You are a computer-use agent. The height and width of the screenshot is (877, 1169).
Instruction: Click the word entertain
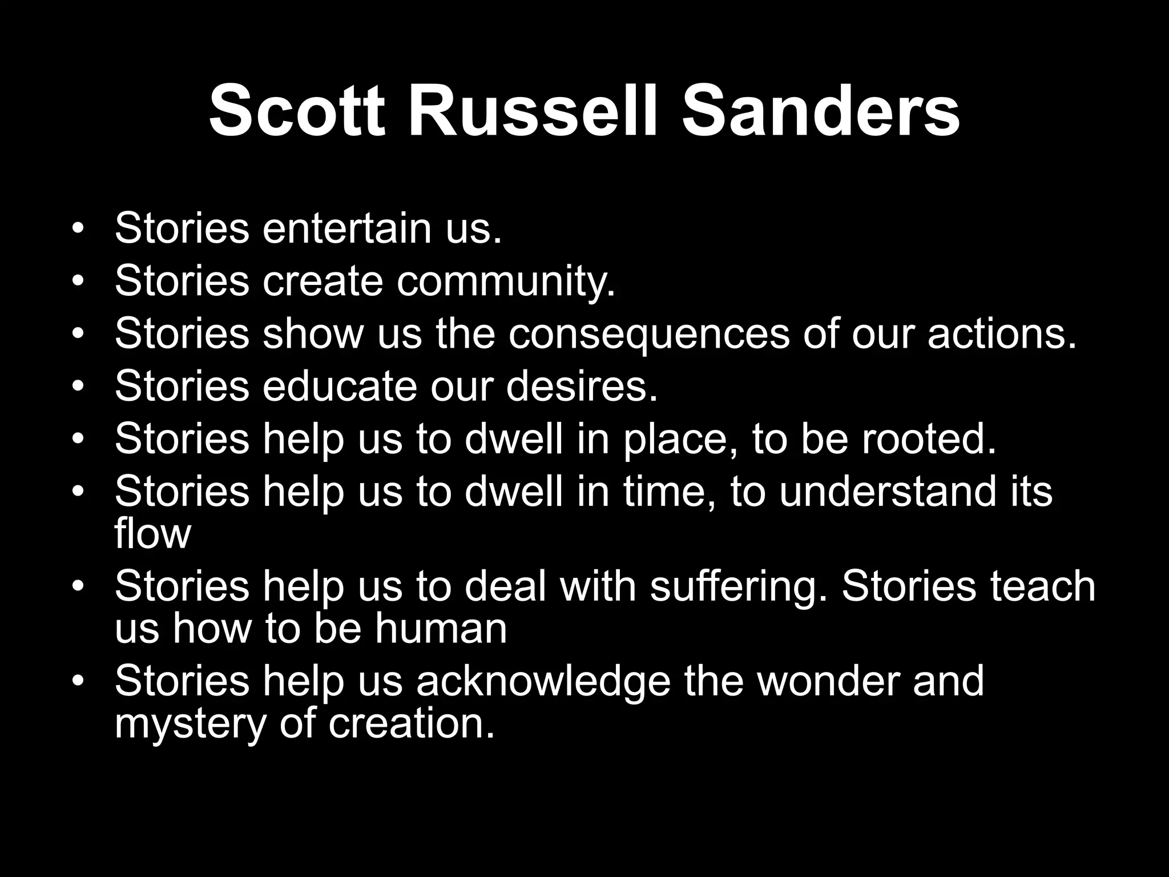pos(346,228)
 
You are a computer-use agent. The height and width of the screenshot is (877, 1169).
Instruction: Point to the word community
pos(506,281)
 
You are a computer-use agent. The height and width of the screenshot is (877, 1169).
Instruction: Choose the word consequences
pos(648,334)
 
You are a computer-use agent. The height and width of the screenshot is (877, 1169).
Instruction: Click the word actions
pos(1002,334)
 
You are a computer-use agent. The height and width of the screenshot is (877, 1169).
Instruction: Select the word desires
pos(582,387)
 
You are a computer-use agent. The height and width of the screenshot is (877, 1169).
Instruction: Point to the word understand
pos(888,492)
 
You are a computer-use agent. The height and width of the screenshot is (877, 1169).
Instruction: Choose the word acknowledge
pos(543,682)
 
